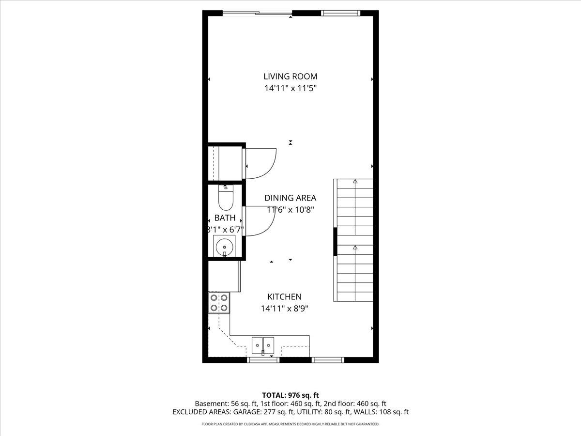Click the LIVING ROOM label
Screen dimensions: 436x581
click(x=290, y=76)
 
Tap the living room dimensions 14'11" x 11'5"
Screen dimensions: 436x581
click(x=290, y=89)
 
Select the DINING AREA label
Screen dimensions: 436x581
click(x=290, y=198)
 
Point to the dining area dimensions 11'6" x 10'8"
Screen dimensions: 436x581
click(x=290, y=210)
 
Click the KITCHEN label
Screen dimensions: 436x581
click(x=285, y=297)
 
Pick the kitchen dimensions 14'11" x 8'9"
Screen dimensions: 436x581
click(x=285, y=309)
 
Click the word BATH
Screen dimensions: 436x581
click(x=225, y=218)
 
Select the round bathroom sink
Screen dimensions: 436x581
click(x=225, y=247)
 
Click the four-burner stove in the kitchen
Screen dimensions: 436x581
click(x=219, y=303)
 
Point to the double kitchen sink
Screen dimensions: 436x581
click(x=262, y=344)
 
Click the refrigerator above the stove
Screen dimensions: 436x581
click(x=224, y=276)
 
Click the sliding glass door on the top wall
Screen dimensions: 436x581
click(x=257, y=13)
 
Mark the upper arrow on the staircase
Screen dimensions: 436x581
click(x=355, y=182)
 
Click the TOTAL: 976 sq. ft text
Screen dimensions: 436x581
click(x=290, y=395)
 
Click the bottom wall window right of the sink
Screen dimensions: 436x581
click(x=328, y=360)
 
